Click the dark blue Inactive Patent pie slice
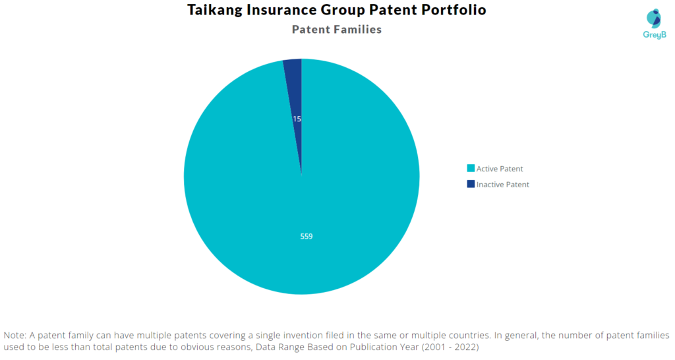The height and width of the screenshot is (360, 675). [x=295, y=95]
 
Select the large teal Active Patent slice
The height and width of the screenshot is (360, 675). [x=301, y=194]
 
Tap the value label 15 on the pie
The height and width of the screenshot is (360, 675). [x=297, y=119]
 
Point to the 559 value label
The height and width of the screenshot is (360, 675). [x=307, y=237]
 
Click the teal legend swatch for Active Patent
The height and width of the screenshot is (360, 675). [x=471, y=168]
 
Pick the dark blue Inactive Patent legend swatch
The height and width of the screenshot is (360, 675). [x=471, y=184]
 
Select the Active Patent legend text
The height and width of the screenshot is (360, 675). [x=500, y=169]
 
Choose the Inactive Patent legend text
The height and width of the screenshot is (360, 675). [x=503, y=185]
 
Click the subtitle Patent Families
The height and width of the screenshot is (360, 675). [x=337, y=29]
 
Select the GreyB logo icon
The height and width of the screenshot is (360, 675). [x=654, y=19]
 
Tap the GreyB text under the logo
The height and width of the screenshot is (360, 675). [x=655, y=35]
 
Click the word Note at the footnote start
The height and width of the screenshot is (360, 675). [x=15, y=335]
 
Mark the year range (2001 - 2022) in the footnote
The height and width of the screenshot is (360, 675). [x=450, y=347]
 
